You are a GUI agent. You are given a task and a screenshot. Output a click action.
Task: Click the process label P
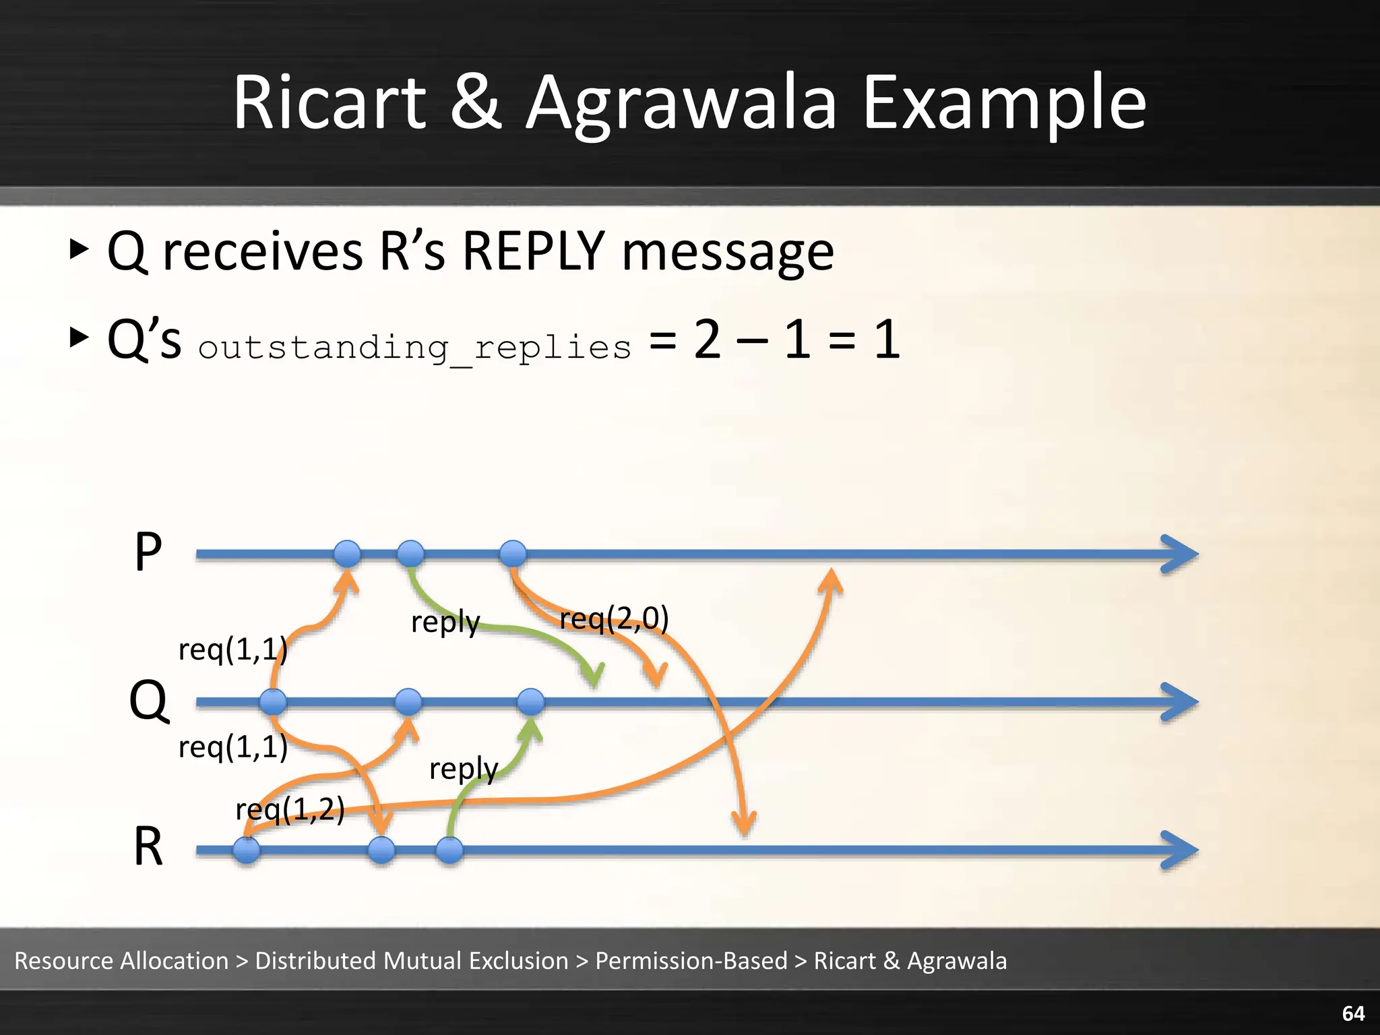point(148,553)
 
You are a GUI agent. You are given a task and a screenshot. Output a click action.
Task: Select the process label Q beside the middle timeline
point(148,701)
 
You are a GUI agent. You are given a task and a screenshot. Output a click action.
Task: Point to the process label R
point(148,847)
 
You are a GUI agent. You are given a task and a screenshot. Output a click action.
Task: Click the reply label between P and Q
point(445,622)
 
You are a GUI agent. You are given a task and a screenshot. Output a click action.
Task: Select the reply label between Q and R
point(464,768)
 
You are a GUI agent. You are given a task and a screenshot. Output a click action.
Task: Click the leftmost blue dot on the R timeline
point(247,850)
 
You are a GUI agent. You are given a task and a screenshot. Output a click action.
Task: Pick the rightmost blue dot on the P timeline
point(513,554)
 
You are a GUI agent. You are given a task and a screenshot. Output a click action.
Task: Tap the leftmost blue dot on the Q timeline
point(273,702)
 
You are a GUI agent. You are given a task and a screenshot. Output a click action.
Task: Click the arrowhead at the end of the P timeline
point(1181,555)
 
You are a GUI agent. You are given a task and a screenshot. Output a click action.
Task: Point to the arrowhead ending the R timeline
point(1181,850)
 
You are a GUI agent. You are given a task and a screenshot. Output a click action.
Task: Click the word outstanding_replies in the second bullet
point(415,348)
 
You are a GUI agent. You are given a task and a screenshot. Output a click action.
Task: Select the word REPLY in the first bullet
point(533,251)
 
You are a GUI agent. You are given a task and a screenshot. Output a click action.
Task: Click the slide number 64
point(1353,1013)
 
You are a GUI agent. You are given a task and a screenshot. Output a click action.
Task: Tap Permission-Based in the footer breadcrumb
point(691,960)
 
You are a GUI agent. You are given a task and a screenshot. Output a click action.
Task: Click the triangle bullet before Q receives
point(80,249)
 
